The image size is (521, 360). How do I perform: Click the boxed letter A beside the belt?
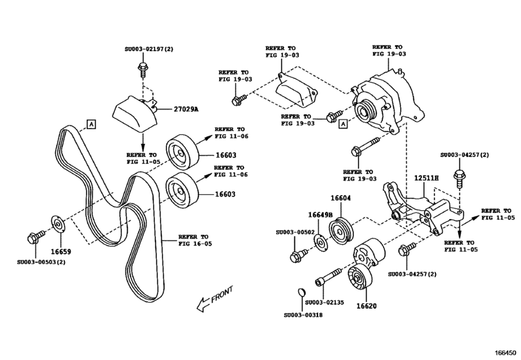91,123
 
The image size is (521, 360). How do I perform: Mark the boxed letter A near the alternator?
343,123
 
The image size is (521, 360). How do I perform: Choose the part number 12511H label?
425,177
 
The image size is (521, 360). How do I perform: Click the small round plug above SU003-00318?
297,295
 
